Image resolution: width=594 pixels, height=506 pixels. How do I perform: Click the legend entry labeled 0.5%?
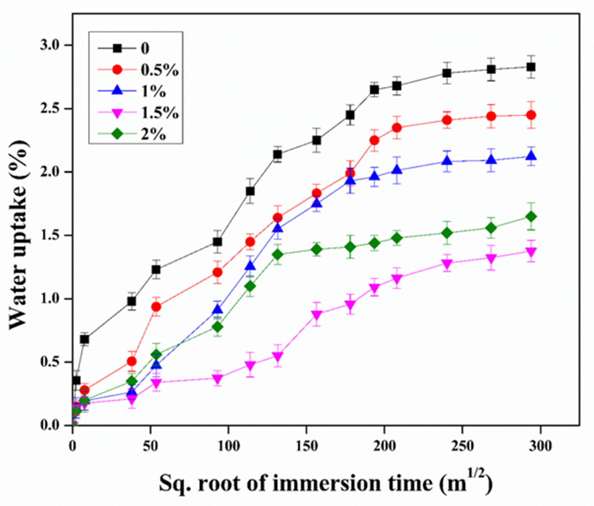[159, 70]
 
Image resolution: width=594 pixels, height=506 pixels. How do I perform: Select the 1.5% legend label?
[159, 113]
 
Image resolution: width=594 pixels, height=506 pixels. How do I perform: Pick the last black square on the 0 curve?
[531, 67]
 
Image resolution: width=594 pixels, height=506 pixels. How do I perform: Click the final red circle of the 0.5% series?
[531, 115]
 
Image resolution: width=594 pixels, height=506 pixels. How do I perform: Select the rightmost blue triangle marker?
[531, 156]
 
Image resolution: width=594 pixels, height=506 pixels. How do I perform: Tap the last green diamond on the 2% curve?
[531, 217]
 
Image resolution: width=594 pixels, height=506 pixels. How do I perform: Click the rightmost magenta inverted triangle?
[531, 251]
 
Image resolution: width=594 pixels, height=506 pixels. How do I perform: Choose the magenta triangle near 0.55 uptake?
[278, 356]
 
